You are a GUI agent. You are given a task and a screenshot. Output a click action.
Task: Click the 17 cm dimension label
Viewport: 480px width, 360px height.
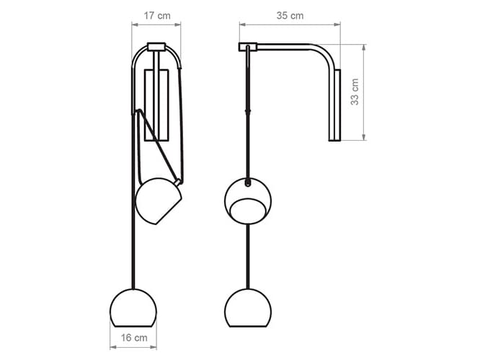[x=157, y=16]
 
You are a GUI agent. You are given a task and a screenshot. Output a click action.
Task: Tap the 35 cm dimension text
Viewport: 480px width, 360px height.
[x=290, y=16]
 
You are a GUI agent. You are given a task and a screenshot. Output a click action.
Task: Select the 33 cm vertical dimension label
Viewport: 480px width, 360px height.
[x=355, y=92]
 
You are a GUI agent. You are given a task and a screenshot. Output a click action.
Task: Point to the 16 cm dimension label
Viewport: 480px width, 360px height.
[x=134, y=338]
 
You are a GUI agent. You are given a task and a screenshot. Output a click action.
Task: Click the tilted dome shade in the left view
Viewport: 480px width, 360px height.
[x=158, y=201]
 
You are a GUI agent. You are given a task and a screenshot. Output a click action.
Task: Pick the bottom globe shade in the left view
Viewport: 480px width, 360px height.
[x=133, y=308]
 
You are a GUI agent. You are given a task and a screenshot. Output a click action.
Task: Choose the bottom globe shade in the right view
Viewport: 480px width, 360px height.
[x=248, y=308]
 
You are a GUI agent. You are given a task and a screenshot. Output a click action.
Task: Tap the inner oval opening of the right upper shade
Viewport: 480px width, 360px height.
[x=248, y=211]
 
